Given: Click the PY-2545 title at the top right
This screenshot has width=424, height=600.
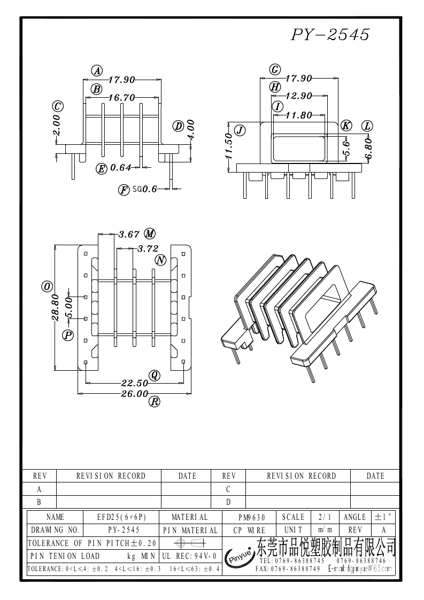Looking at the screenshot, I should pos(330,35).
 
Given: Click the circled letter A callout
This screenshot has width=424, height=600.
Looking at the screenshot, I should pos(97,71).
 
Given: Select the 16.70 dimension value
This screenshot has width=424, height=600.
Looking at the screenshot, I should pos(121,98).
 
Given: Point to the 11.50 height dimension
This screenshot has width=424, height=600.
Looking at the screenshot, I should pos(228,146).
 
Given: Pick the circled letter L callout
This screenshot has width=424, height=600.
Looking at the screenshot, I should pos(367,126).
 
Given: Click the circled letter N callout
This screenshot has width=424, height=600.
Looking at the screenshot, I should pos(160,260).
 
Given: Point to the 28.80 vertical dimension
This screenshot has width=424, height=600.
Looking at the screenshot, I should pos(56,307).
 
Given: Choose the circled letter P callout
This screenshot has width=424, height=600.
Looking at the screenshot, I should pos(68,335).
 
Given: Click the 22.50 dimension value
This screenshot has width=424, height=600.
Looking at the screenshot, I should pos(134,383).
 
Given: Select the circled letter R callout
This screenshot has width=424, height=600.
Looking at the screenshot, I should pos(154,402).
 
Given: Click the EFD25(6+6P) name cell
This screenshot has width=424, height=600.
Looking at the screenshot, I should pos(121,517).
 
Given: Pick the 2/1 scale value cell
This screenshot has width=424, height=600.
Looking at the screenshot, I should pos(325,517).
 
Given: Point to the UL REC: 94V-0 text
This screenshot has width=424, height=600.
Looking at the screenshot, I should pos(189,556).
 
